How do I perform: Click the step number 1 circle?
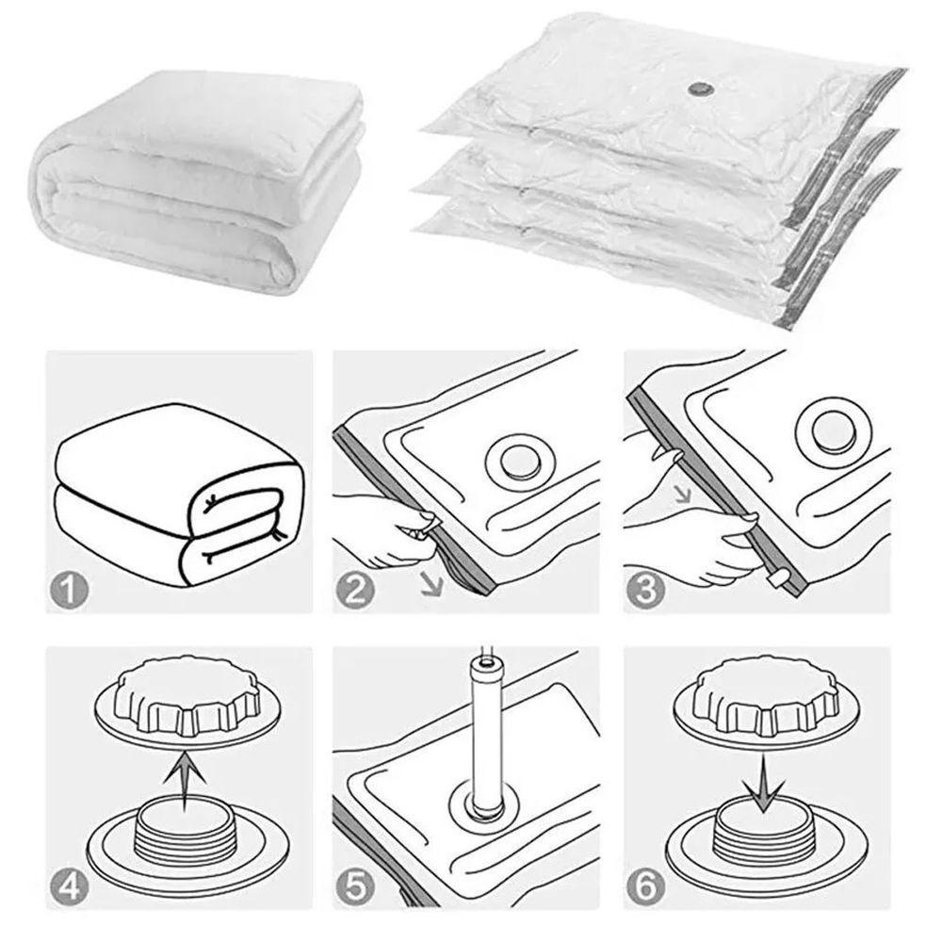click(69, 590)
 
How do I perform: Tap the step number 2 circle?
click(355, 590)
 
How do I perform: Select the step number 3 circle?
click(646, 590)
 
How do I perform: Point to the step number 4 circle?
click(69, 886)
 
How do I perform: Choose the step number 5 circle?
click(355, 886)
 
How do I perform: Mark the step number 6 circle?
click(646, 886)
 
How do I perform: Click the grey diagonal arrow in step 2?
click(431, 584)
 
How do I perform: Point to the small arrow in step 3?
click(683, 495)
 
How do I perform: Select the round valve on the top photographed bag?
click(698, 89)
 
